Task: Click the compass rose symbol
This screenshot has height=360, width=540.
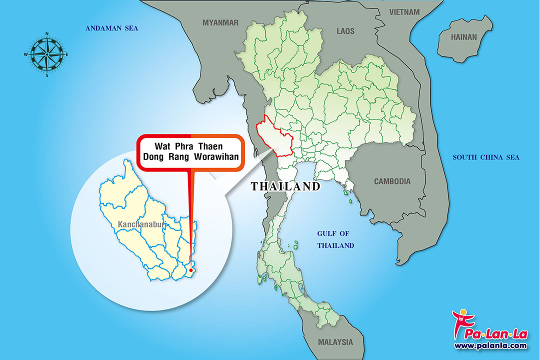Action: tap(46, 54)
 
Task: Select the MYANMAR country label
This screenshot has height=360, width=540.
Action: tap(220, 22)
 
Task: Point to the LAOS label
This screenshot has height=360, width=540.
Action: tap(345, 31)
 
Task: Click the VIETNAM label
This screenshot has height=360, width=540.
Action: tap(404, 11)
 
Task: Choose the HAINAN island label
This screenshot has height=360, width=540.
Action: tap(464, 37)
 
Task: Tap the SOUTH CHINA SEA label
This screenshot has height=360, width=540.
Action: tap(486, 157)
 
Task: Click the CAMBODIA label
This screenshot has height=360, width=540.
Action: tap(392, 181)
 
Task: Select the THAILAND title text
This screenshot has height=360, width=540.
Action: tap(285, 186)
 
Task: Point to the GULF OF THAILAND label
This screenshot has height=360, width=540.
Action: tap(335, 239)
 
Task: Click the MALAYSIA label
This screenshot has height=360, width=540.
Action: tap(335, 342)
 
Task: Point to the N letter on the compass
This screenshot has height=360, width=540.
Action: tap(47, 34)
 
